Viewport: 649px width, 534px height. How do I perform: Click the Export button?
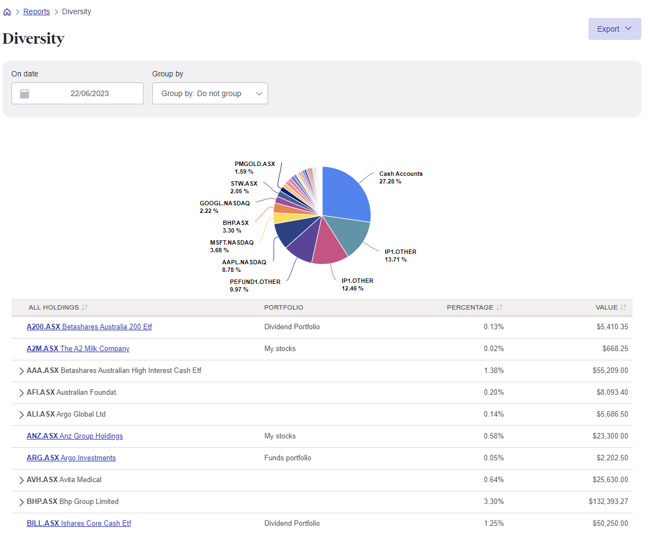pyautogui.click(x=614, y=29)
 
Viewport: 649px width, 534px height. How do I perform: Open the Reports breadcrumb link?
pyautogui.click(x=37, y=11)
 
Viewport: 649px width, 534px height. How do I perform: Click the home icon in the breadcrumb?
pyautogui.click(x=7, y=12)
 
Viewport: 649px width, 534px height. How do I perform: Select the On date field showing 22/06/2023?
pyautogui.click(x=78, y=93)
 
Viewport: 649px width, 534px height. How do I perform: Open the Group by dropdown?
pyautogui.click(x=210, y=93)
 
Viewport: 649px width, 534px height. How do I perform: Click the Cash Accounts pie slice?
pyautogui.click(x=346, y=194)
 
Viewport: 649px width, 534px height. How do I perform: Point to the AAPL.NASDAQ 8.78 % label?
pyautogui.click(x=244, y=265)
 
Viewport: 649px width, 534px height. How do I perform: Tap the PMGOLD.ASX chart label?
pyautogui.click(x=255, y=167)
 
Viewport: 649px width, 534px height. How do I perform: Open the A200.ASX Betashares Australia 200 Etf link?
pyautogui.click(x=89, y=327)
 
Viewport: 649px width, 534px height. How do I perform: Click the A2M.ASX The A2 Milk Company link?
pyautogui.click(x=78, y=348)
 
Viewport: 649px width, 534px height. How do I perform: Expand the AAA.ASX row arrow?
pyautogui.click(x=21, y=371)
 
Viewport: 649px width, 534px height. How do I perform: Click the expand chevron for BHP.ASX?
pyautogui.click(x=21, y=502)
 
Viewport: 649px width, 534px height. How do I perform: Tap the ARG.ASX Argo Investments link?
pyautogui.click(x=71, y=458)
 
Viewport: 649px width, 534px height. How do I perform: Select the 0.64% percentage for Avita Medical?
pyautogui.click(x=493, y=479)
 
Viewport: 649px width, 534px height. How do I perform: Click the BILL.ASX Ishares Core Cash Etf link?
pyautogui.click(x=79, y=523)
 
